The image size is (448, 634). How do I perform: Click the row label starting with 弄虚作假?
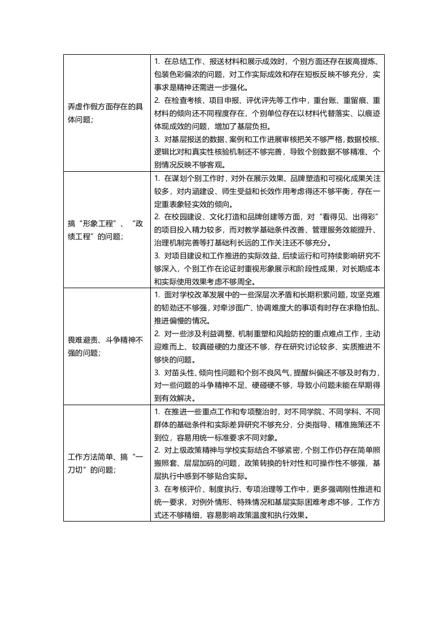click(x=105, y=107)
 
